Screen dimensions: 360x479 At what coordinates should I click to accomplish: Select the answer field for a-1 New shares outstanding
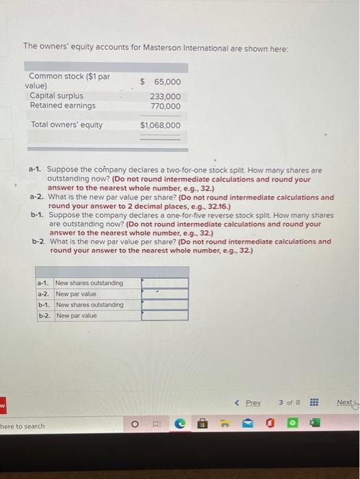(x=164, y=283)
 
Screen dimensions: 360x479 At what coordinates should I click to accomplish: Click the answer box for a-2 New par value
(x=164, y=294)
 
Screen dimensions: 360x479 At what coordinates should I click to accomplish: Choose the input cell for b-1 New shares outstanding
(x=164, y=305)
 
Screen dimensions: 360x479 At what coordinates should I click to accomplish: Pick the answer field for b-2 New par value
(x=164, y=315)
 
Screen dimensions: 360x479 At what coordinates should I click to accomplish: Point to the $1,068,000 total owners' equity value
(x=161, y=125)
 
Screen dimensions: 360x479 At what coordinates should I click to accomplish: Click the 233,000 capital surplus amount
(x=166, y=97)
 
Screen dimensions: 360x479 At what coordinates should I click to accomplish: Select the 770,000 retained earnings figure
(x=166, y=106)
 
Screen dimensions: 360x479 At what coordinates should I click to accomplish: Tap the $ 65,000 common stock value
(x=161, y=81)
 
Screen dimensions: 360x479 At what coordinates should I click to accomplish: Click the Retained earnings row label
(x=63, y=105)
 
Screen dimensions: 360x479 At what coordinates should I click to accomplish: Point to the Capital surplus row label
(x=57, y=96)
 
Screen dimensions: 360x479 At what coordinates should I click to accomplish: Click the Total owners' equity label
(x=67, y=125)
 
